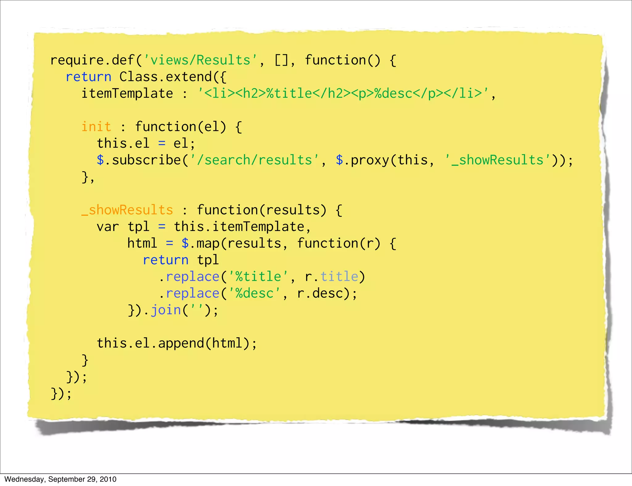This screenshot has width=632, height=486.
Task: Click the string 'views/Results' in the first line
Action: coord(200,60)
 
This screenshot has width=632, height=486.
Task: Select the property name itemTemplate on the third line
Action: coord(127,93)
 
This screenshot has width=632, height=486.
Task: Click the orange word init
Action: coord(96,127)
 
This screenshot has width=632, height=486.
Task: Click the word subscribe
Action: coord(146,160)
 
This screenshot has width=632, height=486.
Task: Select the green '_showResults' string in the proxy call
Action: coord(497,160)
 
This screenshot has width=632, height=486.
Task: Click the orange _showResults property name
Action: coord(127,210)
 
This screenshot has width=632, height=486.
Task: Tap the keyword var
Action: coord(107,227)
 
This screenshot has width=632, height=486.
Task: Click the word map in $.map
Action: coord(208,243)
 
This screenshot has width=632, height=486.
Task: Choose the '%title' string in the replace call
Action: coord(258,277)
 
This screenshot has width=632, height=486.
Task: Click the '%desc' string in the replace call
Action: coord(254,293)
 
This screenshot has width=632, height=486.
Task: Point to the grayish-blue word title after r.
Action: coord(339,277)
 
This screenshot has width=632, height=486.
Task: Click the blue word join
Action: coord(165,310)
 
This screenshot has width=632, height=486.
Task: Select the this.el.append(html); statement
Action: coord(177,343)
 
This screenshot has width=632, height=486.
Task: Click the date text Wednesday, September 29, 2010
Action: coord(60,479)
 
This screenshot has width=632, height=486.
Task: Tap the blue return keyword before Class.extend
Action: coord(88,76)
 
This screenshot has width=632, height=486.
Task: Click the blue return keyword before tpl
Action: coord(165,260)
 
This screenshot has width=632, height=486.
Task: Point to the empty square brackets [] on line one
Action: coord(281,60)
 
